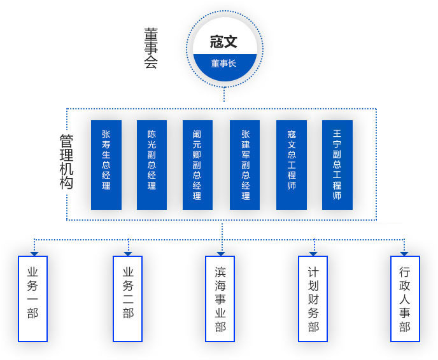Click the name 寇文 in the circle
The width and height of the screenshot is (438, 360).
[223, 42]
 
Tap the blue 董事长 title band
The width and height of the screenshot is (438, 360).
[223, 64]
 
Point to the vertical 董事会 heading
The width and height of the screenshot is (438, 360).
[151, 48]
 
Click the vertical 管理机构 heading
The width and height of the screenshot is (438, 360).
[66, 162]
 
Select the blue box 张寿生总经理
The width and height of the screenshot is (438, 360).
[106, 165]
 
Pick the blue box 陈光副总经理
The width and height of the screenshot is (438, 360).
[152, 165]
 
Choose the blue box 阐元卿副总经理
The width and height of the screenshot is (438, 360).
[197, 165]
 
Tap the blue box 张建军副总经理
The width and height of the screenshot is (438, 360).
[245, 165]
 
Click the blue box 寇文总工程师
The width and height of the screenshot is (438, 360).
[292, 165]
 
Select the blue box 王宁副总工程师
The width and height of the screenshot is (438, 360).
[337, 165]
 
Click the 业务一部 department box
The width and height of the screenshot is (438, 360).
[32, 299]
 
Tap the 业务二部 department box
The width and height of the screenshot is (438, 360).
[128, 299]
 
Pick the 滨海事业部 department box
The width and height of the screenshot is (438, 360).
[220, 299]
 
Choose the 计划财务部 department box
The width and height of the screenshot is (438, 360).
[313, 299]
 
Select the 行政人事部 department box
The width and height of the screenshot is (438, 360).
[405, 299]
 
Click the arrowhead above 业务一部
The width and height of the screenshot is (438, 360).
[34, 253]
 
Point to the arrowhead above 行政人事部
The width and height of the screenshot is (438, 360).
[404, 253]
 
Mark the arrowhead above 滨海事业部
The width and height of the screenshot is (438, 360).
[222, 253]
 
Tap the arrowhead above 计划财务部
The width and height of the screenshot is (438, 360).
[313, 253]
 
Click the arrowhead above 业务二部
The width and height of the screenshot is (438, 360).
[129, 253]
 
